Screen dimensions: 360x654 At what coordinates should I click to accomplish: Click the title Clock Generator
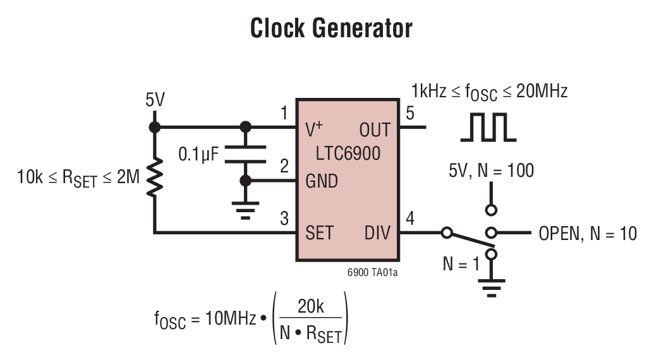click(x=331, y=28)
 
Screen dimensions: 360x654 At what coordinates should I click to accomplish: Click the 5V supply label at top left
click(x=155, y=100)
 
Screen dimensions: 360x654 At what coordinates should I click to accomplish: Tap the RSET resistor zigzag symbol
click(x=154, y=178)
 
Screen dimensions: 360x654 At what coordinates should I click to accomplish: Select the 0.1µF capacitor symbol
click(x=246, y=154)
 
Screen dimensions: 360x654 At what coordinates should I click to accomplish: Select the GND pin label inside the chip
click(x=322, y=181)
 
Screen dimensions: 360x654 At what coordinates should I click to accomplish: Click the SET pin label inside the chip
click(x=319, y=232)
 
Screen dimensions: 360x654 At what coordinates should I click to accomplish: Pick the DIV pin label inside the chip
click(x=377, y=232)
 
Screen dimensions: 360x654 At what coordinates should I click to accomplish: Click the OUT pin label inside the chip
click(x=375, y=129)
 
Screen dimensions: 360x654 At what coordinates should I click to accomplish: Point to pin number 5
click(x=410, y=114)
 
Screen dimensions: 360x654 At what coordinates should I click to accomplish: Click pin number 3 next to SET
click(x=284, y=219)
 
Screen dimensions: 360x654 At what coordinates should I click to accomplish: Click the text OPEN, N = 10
click(x=587, y=234)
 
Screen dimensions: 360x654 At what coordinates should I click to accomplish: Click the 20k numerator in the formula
click(x=310, y=307)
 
